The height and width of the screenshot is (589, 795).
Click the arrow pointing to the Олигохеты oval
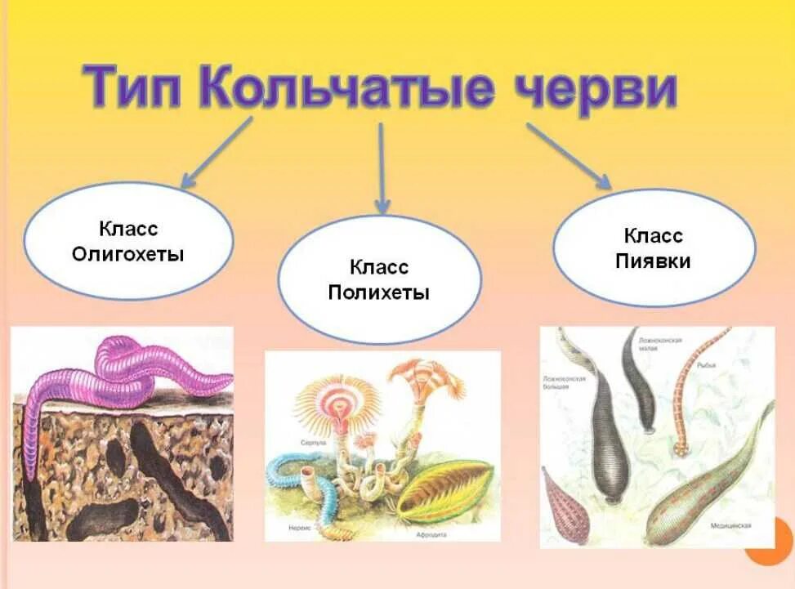[216, 153]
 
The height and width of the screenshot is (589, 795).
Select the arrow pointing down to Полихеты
[382, 167]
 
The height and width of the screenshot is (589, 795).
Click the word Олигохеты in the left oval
[128, 254]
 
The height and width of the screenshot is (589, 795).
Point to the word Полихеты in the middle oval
[378, 292]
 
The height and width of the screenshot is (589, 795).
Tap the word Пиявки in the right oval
[654, 261]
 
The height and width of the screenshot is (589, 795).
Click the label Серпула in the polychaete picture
[314, 442]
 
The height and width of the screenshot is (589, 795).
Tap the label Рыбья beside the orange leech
[706, 365]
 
